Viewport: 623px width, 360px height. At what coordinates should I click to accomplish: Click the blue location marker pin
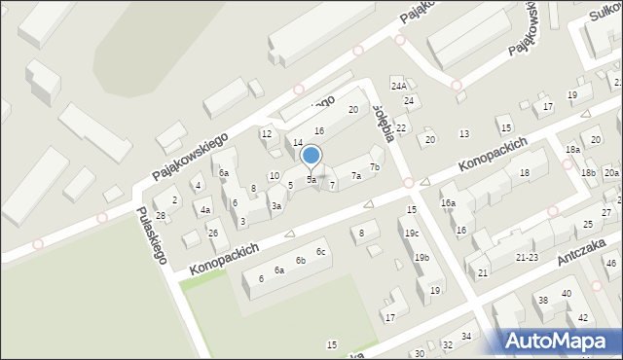[311, 156]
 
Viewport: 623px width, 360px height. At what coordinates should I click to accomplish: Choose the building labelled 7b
[375, 167]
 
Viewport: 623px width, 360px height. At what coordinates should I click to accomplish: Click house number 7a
[356, 176]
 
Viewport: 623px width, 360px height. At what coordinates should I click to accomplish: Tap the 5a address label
[311, 180]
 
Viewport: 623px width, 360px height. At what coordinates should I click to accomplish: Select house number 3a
[276, 205]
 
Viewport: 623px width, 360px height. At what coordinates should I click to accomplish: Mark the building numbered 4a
[204, 209]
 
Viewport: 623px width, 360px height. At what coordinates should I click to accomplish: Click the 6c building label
[319, 253]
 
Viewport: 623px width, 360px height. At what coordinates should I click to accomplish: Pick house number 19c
[413, 234]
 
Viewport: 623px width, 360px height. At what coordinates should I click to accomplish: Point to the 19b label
[421, 258]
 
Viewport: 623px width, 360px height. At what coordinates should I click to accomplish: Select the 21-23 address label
[527, 257]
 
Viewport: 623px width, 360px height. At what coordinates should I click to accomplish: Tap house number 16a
[448, 203]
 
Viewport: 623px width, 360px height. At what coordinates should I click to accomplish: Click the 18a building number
[573, 149]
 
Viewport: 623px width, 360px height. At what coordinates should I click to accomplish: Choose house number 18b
[588, 173]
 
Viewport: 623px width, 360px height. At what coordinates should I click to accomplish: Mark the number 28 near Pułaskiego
[161, 216]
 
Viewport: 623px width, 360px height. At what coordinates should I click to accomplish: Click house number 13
[464, 133]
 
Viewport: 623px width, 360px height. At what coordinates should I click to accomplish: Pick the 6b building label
[301, 261]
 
